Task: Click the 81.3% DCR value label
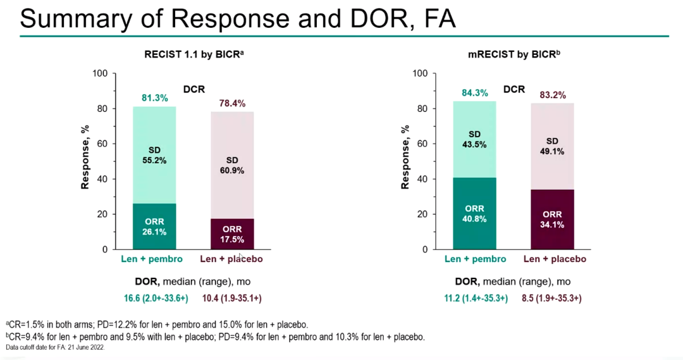pyautogui.click(x=154, y=98)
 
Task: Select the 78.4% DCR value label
pyautogui.click(x=232, y=104)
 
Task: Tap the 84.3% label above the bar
pyautogui.click(x=475, y=93)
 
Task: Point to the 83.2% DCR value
pyautogui.click(x=552, y=95)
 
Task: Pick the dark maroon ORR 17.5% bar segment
pyautogui.click(x=232, y=234)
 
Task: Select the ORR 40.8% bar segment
pyautogui.click(x=475, y=214)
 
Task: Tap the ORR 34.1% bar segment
pyautogui.click(x=552, y=219)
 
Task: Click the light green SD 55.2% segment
pyautogui.click(x=154, y=155)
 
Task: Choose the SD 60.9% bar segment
pyautogui.click(x=232, y=165)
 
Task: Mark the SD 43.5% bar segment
pyautogui.click(x=475, y=139)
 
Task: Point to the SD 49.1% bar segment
pyautogui.click(x=552, y=147)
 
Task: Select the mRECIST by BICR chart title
pyautogui.click(x=514, y=55)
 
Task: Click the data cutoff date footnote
pyautogui.click(x=56, y=347)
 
